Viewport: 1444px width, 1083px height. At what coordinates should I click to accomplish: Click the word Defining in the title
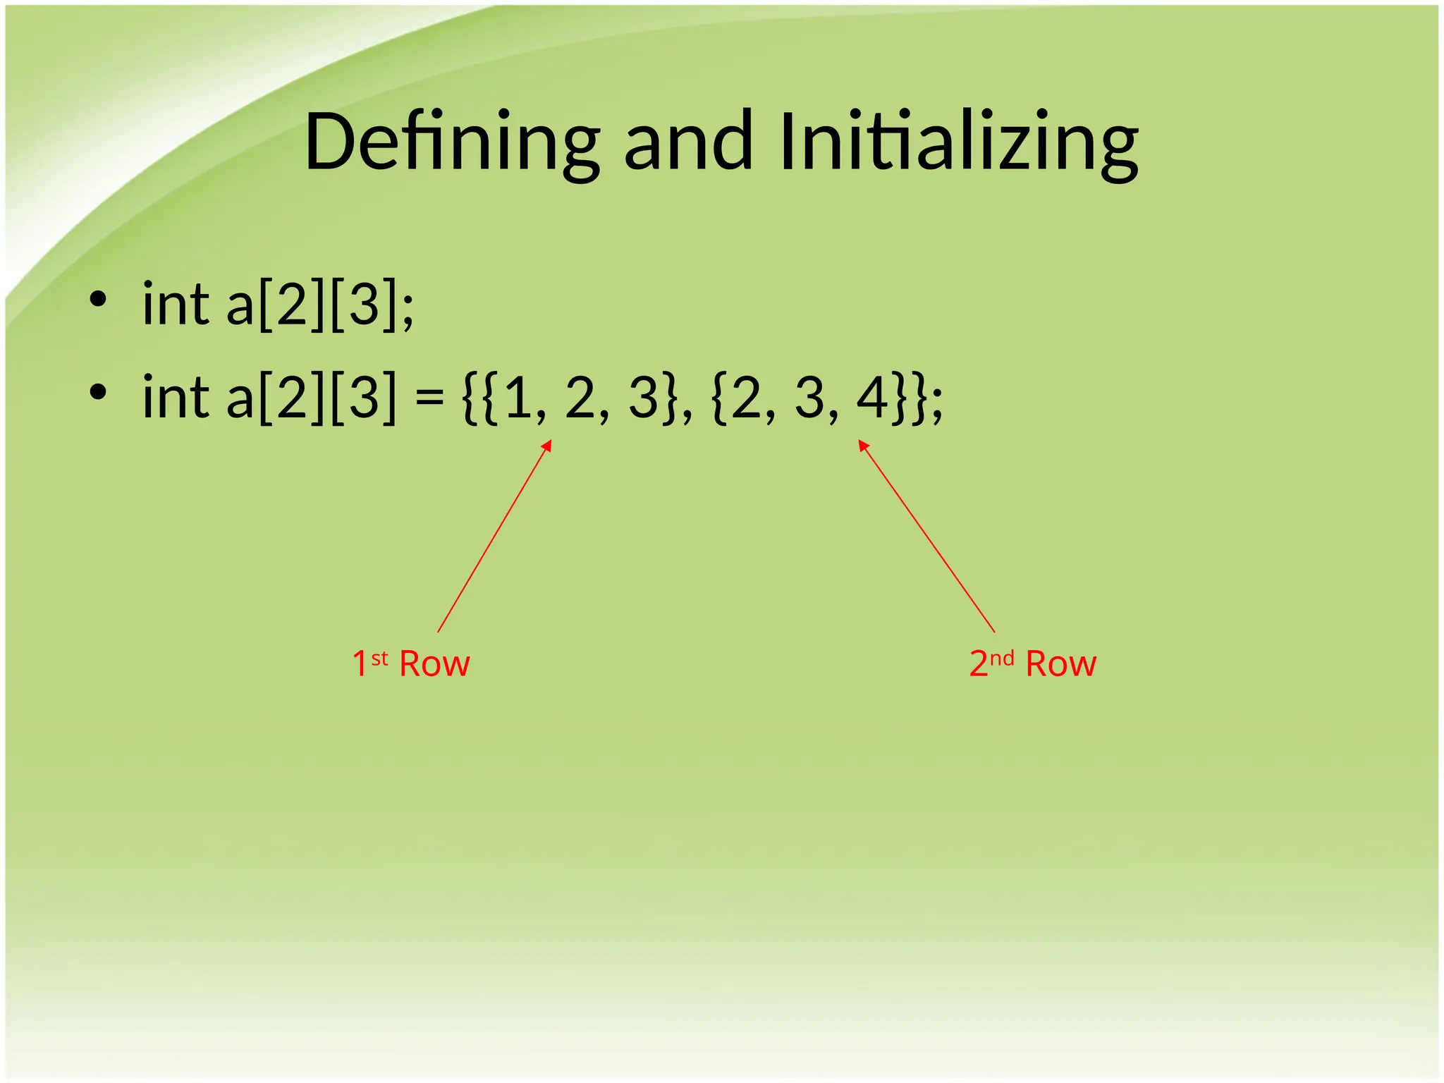[452, 142]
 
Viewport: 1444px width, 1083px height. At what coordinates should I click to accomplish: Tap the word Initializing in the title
[959, 142]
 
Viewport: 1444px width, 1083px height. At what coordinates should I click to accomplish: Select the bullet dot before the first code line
[98, 300]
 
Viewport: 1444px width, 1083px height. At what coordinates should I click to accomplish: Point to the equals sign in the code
[429, 399]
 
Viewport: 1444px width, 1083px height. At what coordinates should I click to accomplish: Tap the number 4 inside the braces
[873, 398]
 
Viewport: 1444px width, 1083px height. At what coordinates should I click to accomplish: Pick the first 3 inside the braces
[643, 398]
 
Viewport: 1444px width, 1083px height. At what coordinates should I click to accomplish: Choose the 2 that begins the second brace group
[746, 398]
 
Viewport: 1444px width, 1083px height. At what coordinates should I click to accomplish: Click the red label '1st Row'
[411, 663]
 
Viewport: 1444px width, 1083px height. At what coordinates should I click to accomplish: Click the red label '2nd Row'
[1033, 663]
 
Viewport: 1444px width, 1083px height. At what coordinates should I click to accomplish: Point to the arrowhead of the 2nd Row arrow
[862, 444]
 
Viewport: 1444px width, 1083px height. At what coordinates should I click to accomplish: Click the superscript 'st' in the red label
[379, 659]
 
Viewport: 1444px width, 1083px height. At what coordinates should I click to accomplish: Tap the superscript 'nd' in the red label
[1001, 659]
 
